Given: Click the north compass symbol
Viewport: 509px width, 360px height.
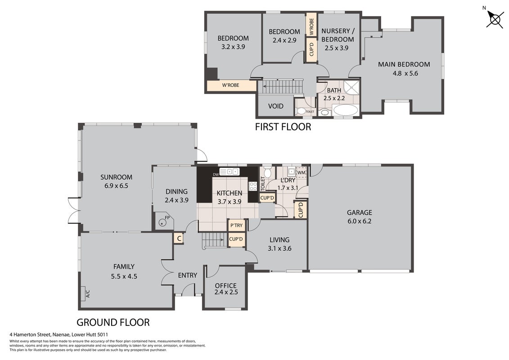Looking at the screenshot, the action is coord(495,19).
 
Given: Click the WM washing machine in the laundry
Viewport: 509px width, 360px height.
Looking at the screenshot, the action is coord(301,172).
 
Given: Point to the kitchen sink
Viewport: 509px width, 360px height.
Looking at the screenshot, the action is coord(229,171).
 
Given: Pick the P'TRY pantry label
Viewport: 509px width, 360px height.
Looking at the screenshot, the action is coord(236,225).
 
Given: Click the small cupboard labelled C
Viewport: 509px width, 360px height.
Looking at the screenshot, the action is coord(179,238).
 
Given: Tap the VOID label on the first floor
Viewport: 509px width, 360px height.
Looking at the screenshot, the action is coord(276,106).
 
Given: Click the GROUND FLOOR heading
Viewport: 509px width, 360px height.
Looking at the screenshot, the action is coord(113,322).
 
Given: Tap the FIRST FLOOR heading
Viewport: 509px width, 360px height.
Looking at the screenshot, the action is coord(283,126).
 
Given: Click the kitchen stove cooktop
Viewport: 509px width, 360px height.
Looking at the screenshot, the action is coord(252,186).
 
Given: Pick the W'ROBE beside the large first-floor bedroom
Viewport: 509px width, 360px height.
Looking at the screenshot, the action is coord(230,85).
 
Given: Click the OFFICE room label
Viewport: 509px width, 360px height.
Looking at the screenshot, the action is coord(225,286).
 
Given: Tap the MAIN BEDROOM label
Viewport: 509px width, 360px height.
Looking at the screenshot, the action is coord(404,64).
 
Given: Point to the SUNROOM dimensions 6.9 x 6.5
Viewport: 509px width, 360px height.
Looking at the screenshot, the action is coord(116,186).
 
